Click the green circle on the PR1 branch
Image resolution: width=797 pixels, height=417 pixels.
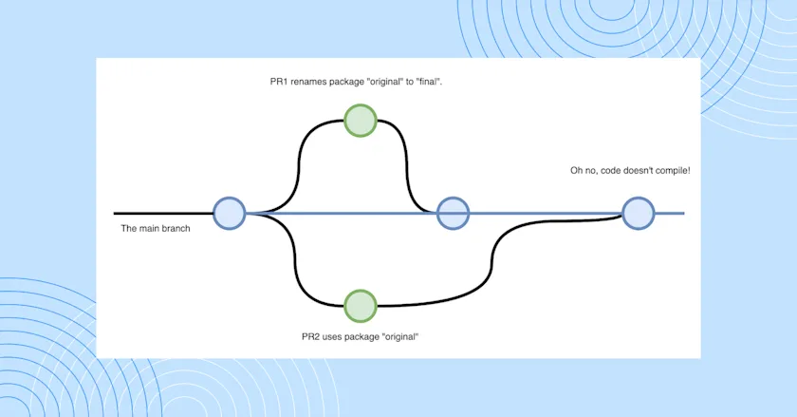pos(361,121)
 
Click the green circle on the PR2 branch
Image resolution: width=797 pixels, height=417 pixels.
pos(361,306)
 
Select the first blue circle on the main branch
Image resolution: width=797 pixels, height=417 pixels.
pos(230,213)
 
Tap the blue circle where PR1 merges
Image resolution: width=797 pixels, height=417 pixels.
pos(453,213)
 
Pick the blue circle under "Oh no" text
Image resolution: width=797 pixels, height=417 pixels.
pos(638,213)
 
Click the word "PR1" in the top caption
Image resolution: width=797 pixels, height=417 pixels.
pos(280,83)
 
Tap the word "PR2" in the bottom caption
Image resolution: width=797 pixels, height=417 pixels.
pos(310,337)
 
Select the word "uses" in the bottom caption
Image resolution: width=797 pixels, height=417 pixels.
pos(335,337)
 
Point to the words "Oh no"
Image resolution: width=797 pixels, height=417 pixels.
pos(581,170)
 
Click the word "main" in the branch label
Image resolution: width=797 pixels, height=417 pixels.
pos(152,228)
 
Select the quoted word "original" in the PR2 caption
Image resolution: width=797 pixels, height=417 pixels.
pos(398,337)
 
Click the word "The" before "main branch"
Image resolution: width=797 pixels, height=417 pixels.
pos(130,228)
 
